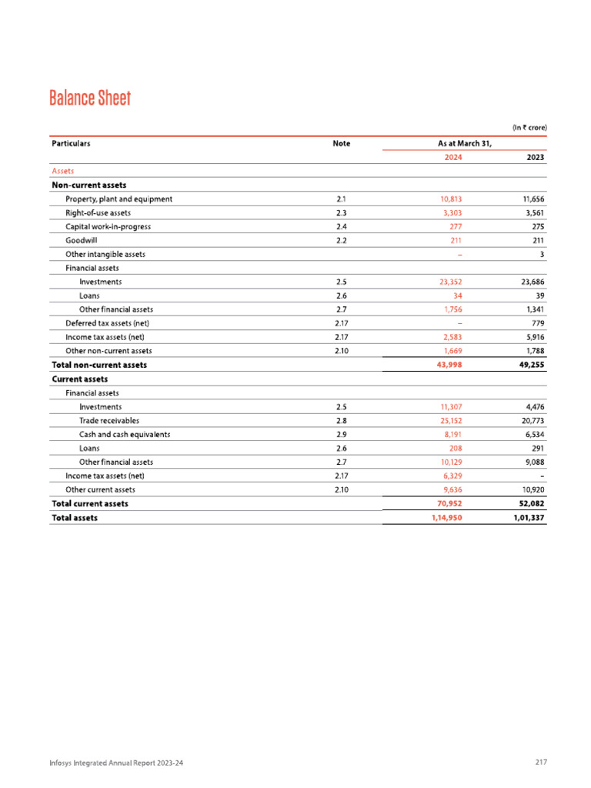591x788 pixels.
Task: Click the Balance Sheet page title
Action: [90, 98]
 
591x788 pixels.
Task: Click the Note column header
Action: [342, 143]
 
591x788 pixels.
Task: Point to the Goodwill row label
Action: [82, 240]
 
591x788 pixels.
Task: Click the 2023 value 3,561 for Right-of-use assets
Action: [533, 213]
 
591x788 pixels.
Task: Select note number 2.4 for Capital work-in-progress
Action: [342, 227]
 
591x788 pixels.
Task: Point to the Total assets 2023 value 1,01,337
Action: [529, 518]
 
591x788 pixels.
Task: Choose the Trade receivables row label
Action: [109, 421]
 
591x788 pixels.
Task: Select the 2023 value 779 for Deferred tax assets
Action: [538, 323]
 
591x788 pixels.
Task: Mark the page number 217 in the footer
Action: [540, 763]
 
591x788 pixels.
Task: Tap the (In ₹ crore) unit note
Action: [529, 126]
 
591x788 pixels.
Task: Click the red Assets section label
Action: [62, 171]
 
